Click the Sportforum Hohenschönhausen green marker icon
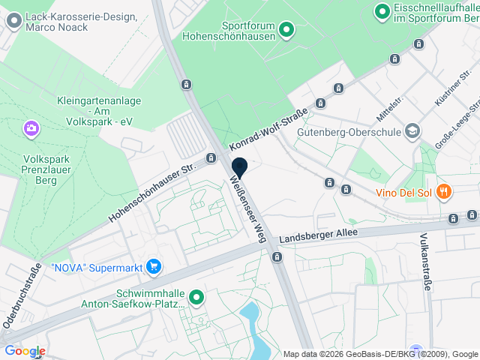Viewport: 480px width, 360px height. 286,30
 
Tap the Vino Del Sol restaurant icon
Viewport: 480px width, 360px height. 444,191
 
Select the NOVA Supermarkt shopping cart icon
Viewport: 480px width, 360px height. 154,265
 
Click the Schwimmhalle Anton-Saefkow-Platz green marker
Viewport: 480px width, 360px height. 196,298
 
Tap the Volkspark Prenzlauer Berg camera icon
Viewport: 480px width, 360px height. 31,129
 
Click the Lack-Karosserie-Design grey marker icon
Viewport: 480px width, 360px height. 13,22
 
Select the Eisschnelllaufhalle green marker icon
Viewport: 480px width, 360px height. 382,12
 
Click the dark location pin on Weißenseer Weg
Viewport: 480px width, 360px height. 239,168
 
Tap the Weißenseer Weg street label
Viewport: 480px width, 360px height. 247,205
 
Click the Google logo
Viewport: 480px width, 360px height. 25,350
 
